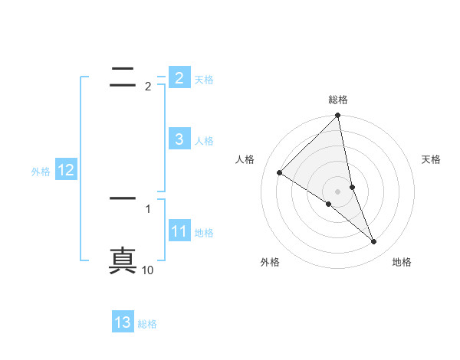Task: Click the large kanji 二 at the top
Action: (x=123, y=75)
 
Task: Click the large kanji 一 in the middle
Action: (x=123, y=198)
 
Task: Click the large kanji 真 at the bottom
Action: (x=123, y=259)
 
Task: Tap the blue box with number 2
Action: (x=179, y=77)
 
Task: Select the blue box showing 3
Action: (x=179, y=139)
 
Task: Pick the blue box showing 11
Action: (x=179, y=231)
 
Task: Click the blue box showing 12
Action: (x=65, y=170)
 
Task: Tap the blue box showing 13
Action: (x=123, y=322)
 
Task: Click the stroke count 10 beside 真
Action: (x=148, y=270)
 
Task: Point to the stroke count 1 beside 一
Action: (x=148, y=208)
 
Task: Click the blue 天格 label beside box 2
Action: (x=204, y=79)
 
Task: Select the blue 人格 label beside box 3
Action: (x=204, y=140)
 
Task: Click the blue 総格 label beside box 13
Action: (x=147, y=324)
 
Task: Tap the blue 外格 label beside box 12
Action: (x=41, y=172)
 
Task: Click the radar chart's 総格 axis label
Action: (x=338, y=100)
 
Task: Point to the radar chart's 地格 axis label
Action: (x=402, y=262)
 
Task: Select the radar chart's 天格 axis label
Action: (x=431, y=159)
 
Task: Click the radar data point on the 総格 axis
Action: (x=338, y=116)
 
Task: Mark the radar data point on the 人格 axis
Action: (x=279, y=173)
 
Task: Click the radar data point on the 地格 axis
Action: (x=374, y=242)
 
